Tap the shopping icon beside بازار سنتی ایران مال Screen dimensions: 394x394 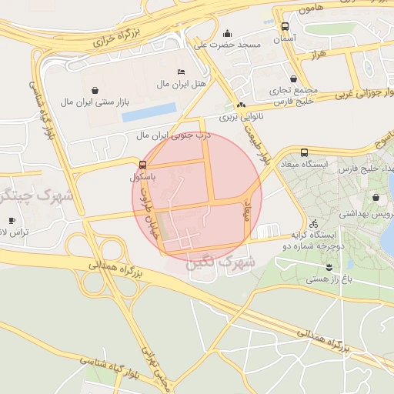click(95, 89)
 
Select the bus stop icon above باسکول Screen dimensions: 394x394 click(143, 165)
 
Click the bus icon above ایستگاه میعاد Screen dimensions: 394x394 click(305, 152)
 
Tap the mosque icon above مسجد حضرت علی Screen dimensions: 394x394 click(227, 33)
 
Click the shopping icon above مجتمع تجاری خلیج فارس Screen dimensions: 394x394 click(293, 78)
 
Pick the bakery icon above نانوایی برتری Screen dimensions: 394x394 click(241, 105)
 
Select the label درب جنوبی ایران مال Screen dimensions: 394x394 click(174, 135)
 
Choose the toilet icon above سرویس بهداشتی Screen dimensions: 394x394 click(376, 199)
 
